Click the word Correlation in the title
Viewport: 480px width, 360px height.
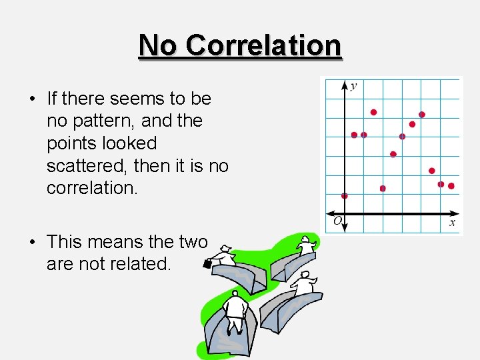coord(263,45)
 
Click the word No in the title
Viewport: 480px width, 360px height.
coord(159,45)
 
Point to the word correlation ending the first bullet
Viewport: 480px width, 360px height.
coord(91,187)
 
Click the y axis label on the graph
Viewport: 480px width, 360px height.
coord(353,86)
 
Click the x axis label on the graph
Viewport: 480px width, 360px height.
coord(452,223)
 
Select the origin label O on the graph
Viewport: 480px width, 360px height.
coord(338,221)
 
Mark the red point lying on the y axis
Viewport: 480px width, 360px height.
coord(345,196)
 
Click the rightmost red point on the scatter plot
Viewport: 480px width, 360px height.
coord(451,186)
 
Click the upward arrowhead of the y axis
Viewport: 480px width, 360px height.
coord(345,85)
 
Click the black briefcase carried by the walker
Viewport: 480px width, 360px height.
coord(207,263)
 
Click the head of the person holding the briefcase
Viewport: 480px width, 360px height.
coord(227,249)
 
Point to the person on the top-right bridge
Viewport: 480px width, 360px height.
coord(307,245)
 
